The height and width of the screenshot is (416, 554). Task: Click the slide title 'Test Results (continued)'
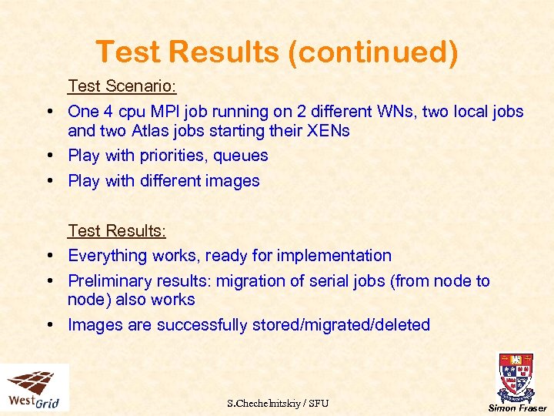tap(276, 52)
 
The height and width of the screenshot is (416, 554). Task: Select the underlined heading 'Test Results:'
tap(117, 230)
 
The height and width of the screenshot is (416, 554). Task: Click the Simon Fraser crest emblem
tap(516, 377)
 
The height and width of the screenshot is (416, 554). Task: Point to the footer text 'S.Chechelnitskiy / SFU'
tap(278, 403)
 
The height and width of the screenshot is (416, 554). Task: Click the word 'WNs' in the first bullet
tap(397, 111)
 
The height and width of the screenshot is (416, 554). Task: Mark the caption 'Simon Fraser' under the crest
tap(517, 408)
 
